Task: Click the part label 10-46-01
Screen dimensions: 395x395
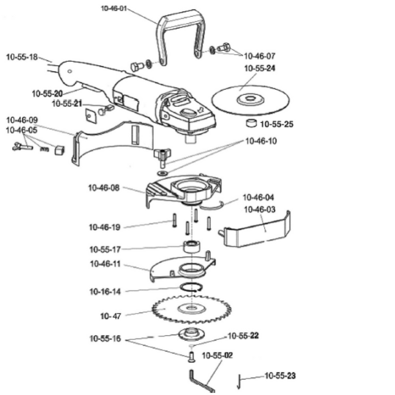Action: pyautogui.click(x=114, y=8)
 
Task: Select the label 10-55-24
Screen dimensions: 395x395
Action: pyautogui.click(x=260, y=68)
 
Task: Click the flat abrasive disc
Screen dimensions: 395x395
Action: pyautogui.click(x=250, y=100)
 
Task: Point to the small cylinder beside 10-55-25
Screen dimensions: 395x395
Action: pyautogui.click(x=251, y=123)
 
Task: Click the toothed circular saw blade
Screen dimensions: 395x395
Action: pyautogui.click(x=192, y=309)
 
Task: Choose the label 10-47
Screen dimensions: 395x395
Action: pyautogui.click(x=111, y=316)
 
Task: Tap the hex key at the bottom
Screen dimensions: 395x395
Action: pyautogui.click(x=201, y=381)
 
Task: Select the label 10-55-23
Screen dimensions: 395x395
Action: pyautogui.click(x=280, y=376)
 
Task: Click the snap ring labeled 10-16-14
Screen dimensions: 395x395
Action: pyautogui.click(x=192, y=287)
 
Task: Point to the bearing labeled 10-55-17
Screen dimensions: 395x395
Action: pyautogui.click(x=192, y=246)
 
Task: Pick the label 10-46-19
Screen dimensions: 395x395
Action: pyautogui.click(x=105, y=227)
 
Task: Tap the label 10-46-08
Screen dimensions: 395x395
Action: pyautogui.click(x=104, y=188)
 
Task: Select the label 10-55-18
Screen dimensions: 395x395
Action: pyautogui.click(x=22, y=57)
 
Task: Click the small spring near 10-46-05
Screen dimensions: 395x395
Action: pyautogui.click(x=44, y=149)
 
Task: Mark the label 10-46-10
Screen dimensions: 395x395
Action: pyautogui.click(x=261, y=141)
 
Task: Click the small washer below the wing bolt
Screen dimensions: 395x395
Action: pyautogui.click(x=162, y=173)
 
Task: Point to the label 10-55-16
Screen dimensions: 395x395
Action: pyautogui.click(x=105, y=339)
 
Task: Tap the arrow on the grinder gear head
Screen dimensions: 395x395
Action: pyautogui.click(x=200, y=110)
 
